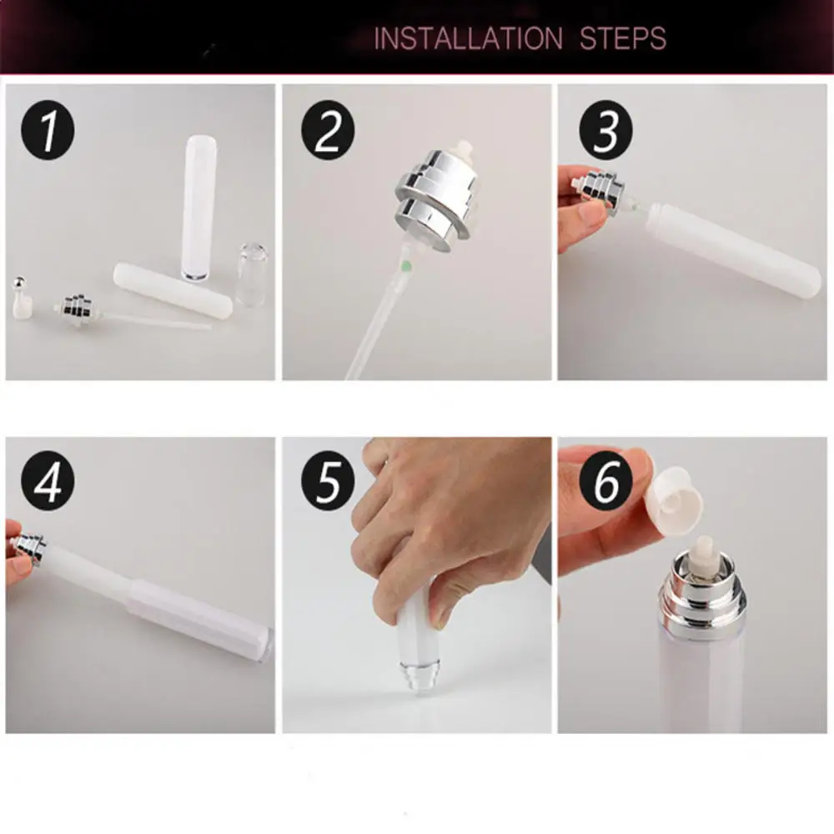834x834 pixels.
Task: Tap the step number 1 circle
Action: click(48, 132)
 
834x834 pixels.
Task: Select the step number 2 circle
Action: click(328, 132)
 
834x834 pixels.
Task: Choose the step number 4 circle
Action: click(48, 483)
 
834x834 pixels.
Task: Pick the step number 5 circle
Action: click(328, 483)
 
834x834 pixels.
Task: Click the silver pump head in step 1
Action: click(80, 309)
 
